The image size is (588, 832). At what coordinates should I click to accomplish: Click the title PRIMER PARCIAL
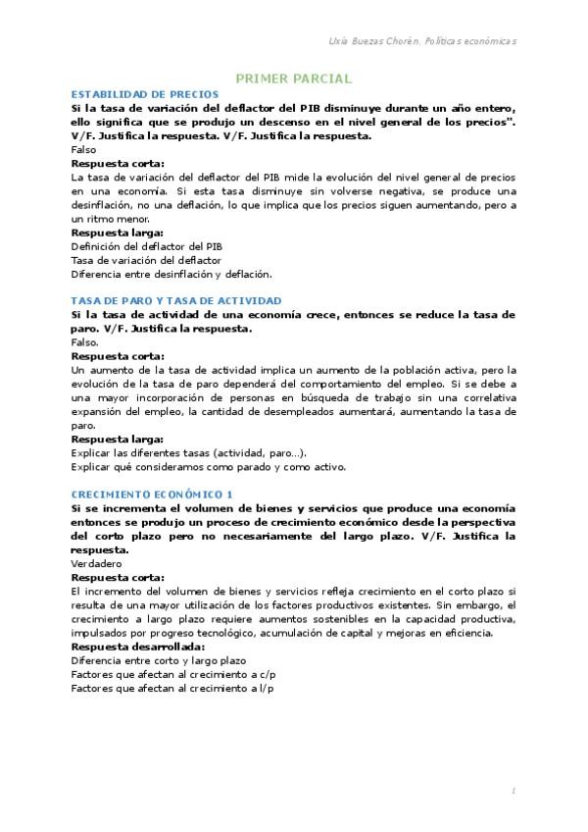tap(294, 79)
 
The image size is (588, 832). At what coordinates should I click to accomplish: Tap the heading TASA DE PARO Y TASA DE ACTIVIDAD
tap(176, 300)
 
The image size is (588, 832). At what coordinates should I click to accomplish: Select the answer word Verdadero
tap(96, 564)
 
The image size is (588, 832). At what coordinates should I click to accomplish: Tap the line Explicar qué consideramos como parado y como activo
tap(209, 467)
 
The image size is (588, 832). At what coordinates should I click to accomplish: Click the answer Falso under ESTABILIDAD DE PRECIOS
tap(85, 149)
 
